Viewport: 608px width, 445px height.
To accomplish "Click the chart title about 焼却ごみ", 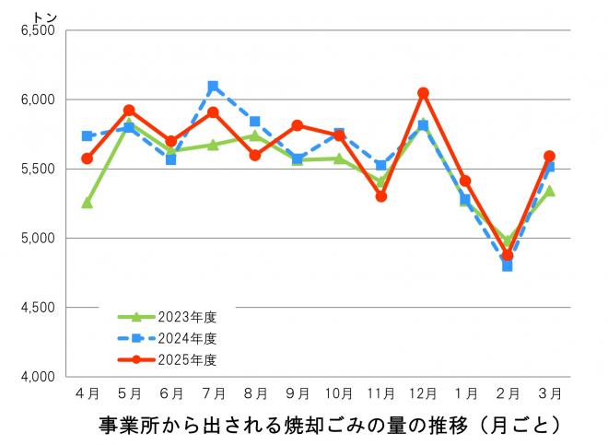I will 329,427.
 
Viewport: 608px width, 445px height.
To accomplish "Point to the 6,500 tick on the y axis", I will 38,30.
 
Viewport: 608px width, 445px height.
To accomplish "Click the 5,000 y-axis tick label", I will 38,239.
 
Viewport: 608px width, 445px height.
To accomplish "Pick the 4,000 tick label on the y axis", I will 38,377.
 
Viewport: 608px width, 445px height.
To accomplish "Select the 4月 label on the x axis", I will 88,393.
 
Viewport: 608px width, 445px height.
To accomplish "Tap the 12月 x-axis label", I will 423,393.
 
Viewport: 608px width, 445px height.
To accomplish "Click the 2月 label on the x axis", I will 507,393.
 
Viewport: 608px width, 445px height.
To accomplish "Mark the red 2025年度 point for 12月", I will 423,93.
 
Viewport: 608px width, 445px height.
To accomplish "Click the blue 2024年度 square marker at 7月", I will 213,87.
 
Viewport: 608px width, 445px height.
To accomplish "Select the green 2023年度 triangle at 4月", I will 88,203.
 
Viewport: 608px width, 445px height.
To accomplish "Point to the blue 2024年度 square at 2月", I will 507,265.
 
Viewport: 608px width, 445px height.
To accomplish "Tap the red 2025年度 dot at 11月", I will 381,196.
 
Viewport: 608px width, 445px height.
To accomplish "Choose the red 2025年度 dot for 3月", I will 549,157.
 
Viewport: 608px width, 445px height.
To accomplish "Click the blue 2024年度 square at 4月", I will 88,135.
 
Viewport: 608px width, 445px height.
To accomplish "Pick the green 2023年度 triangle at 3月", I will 549,192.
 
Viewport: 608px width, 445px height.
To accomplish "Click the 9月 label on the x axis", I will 298,393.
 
